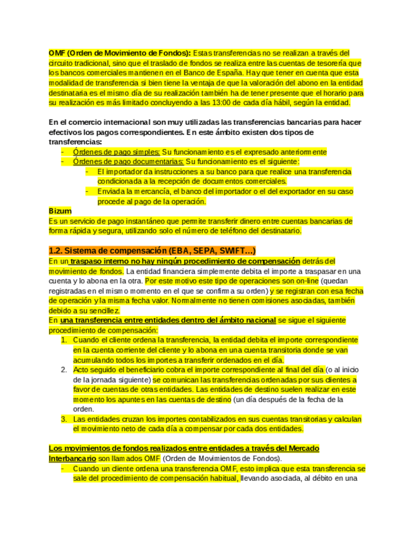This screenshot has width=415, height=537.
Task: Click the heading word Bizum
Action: click(x=60, y=211)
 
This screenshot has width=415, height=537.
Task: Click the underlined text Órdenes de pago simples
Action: click(x=116, y=152)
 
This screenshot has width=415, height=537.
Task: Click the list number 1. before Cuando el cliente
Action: click(x=64, y=339)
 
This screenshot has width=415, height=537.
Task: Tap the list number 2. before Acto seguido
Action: click(x=64, y=369)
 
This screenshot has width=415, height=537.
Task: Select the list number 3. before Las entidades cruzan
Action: click(x=64, y=419)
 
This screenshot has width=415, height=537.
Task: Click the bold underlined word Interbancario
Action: click(x=73, y=458)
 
